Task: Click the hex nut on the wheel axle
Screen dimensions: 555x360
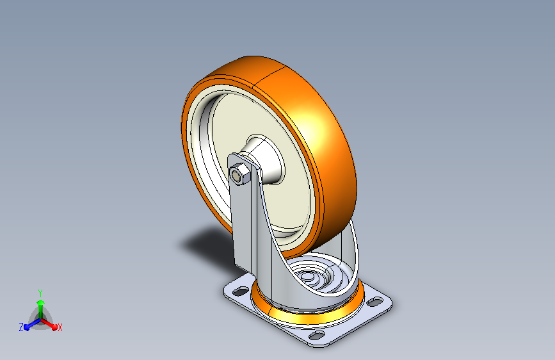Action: click(239, 174)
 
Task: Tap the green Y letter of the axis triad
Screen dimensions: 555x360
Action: click(40, 293)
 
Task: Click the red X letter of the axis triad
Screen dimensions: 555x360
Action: click(60, 327)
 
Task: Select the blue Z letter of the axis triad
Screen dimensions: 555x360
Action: click(21, 327)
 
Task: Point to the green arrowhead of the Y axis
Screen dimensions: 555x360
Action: click(41, 303)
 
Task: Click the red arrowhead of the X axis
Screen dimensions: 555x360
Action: click(54, 327)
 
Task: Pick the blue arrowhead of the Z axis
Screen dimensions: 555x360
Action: click(27, 327)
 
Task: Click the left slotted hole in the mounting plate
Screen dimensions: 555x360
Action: click(241, 291)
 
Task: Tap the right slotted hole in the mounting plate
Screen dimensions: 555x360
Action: click(374, 302)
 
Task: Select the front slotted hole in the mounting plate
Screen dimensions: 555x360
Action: click(317, 334)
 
